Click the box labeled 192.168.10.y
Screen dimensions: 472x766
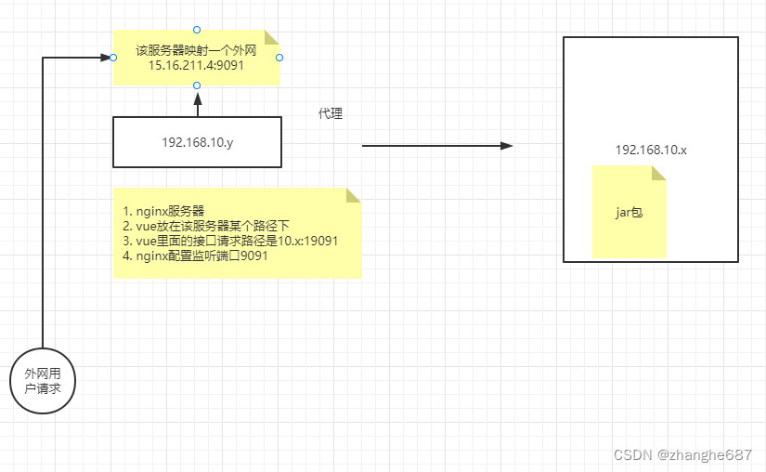(x=197, y=142)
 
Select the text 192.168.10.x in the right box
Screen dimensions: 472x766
(x=651, y=150)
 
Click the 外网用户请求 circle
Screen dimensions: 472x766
(x=44, y=382)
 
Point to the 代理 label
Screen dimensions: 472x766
(x=331, y=113)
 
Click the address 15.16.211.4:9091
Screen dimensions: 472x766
(x=196, y=66)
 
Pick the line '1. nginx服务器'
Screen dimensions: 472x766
(x=163, y=210)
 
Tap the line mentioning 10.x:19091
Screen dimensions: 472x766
(x=229, y=241)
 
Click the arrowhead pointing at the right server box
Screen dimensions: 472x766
(x=507, y=146)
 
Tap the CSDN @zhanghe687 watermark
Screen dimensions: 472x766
(x=682, y=455)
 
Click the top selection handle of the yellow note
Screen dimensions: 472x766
(x=196, y=29)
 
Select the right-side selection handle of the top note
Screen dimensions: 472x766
(x=279, y=58)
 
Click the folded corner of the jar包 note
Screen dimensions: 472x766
(x=658, y=173)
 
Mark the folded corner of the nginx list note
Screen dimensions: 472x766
(x=353, y=195)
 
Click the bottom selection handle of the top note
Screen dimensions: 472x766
(x=196, y=85)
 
